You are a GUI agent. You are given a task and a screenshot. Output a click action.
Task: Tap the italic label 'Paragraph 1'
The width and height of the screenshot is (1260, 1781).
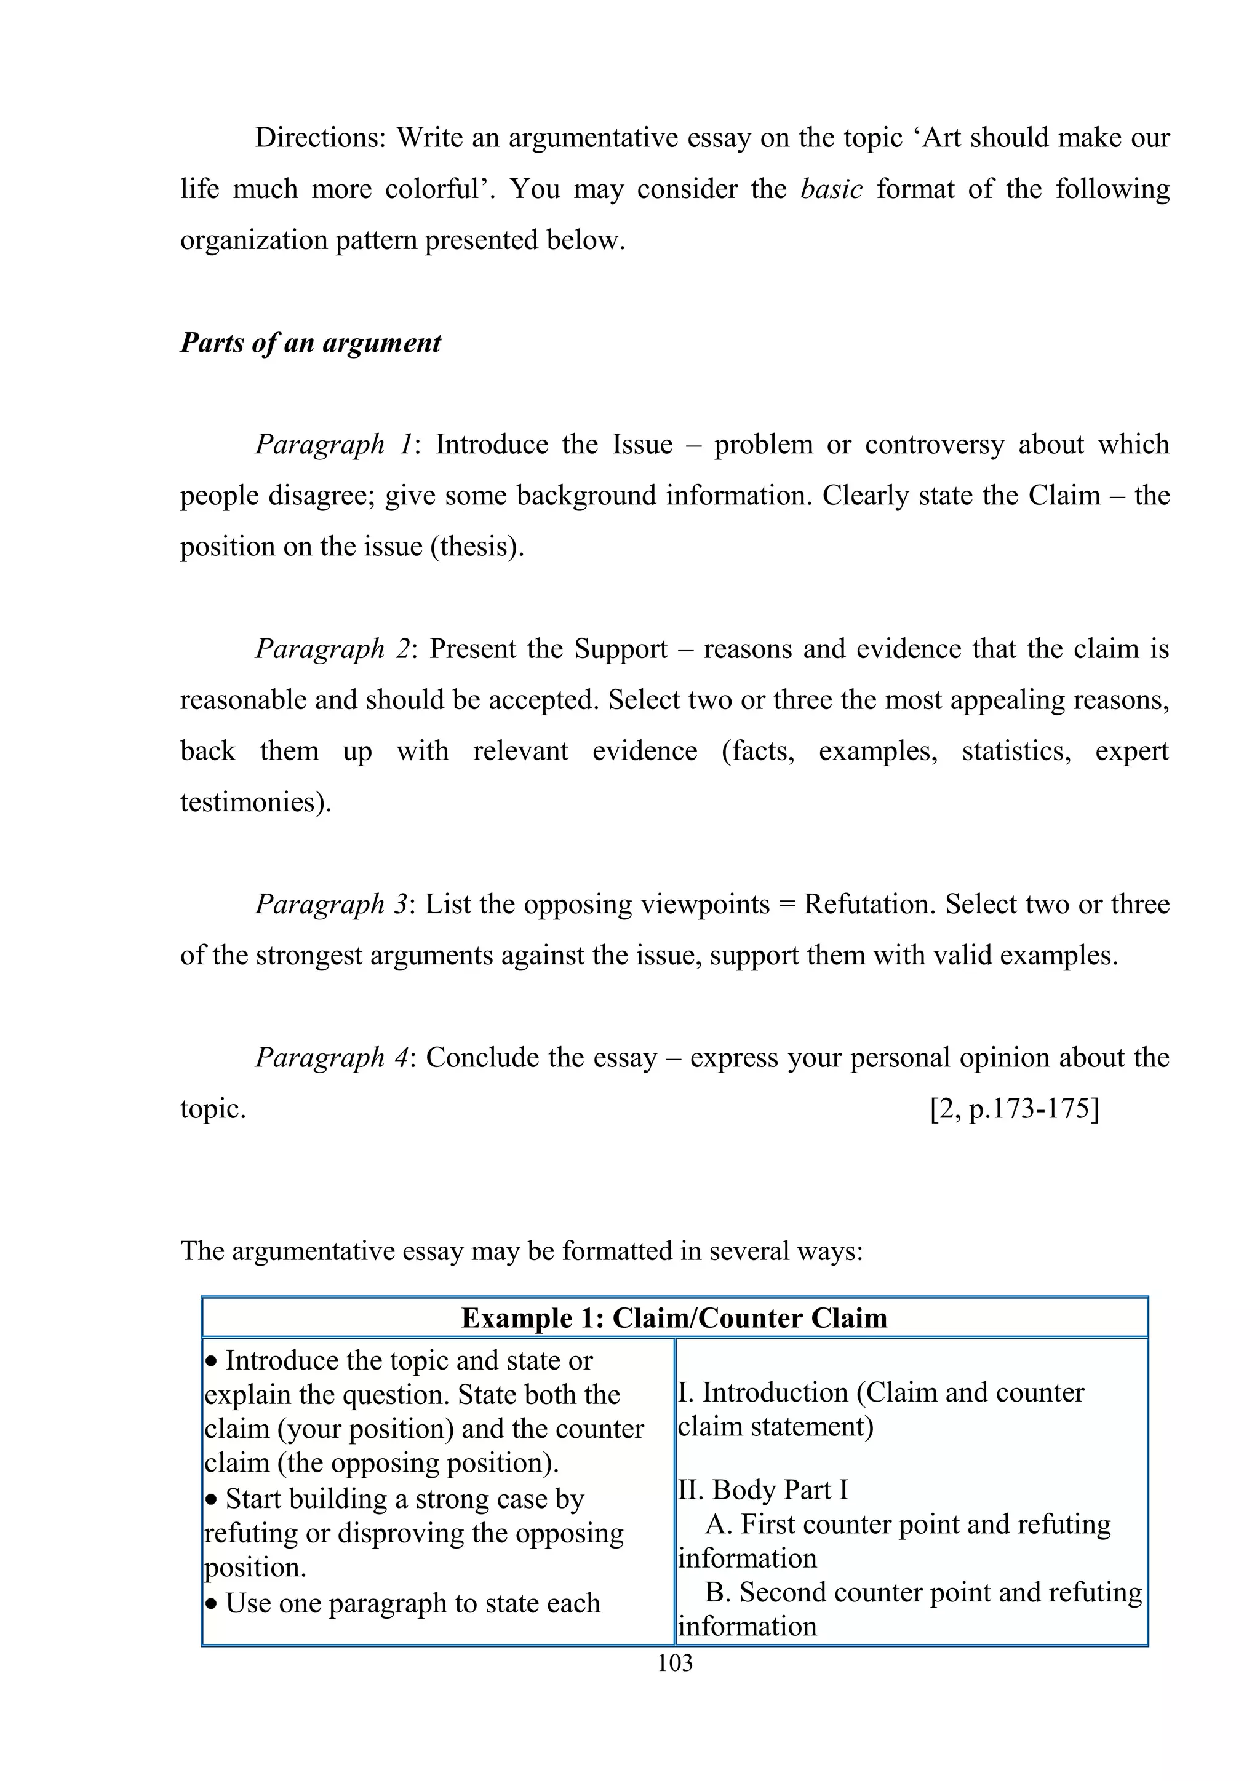click(x=333, y=445)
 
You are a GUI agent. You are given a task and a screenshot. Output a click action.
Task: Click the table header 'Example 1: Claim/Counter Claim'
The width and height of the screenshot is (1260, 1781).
click(x=674, y=1318)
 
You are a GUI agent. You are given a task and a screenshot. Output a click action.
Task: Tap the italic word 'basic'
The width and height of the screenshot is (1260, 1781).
click(x=831, y=189)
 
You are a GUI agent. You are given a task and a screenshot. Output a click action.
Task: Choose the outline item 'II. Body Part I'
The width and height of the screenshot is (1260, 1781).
click(x=763, y=1489)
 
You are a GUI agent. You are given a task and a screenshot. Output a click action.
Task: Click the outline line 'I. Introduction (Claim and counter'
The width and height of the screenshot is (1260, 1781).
click(x=880, y=1392)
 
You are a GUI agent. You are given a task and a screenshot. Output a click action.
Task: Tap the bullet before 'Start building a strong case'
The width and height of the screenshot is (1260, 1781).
click(x=212, y=1500)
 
